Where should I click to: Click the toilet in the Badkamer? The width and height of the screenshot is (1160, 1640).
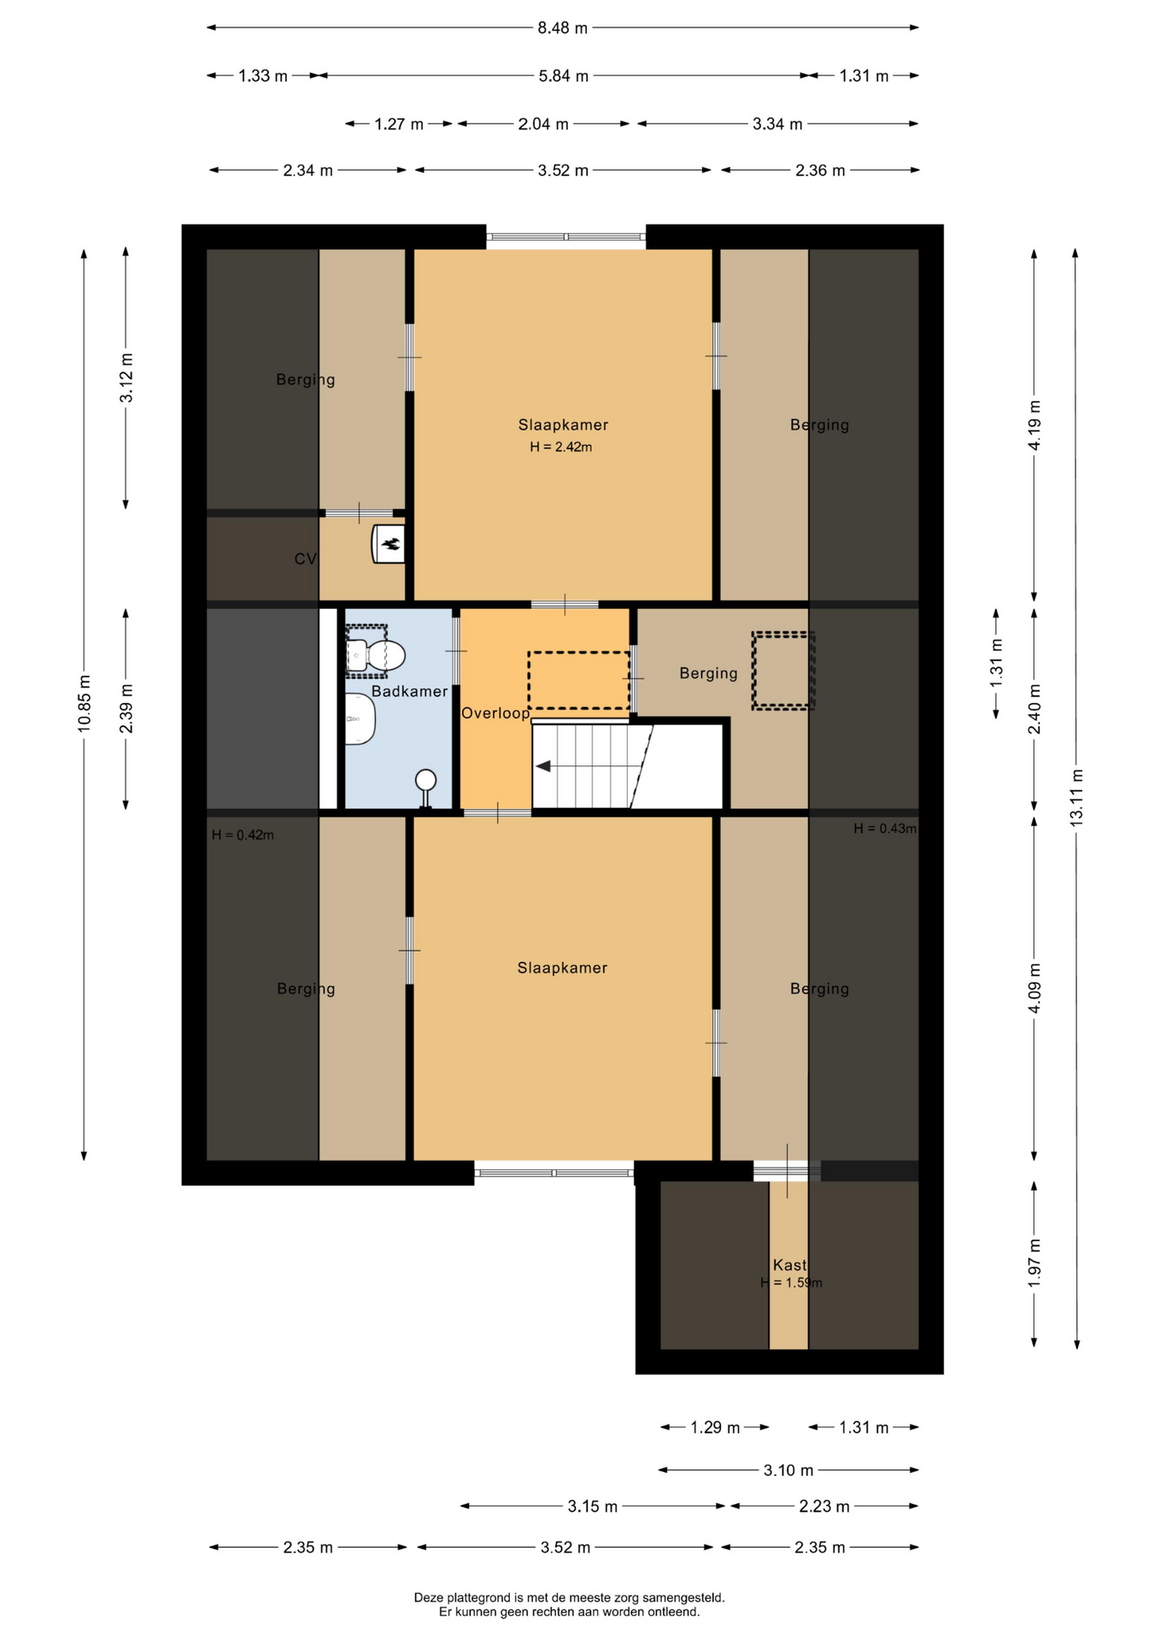375,655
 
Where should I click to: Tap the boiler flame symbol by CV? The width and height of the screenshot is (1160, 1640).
390,543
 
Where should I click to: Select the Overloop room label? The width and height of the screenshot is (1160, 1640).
495,713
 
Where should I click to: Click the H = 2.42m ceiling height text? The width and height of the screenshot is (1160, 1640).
561,447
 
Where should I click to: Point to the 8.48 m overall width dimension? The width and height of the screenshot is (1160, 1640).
563,28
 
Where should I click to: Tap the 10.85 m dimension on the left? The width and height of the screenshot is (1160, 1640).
84,704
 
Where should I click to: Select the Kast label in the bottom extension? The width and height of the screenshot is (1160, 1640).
789,1265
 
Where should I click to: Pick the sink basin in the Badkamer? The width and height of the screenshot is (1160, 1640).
360,718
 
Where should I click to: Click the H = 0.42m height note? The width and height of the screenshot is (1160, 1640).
243,835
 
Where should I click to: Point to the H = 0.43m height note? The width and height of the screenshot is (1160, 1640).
885,829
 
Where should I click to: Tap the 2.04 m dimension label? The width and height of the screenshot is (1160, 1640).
543,124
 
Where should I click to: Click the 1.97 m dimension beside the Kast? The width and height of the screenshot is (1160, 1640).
1034,1262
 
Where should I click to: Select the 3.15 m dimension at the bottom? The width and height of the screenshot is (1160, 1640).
593,1507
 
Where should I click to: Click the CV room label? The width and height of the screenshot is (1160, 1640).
305,559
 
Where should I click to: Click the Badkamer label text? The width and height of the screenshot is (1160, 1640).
409,692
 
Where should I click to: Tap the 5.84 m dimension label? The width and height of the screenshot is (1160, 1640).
564,76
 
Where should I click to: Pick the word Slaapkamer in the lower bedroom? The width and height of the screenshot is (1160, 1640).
562,968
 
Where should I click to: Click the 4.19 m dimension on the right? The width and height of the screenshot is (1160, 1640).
1034,425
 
